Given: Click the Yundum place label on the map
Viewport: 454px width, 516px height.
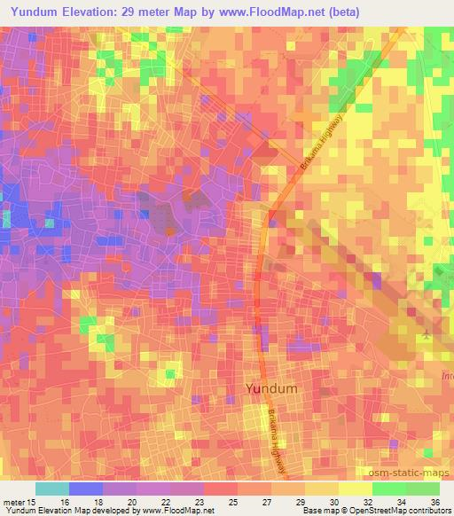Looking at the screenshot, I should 270,388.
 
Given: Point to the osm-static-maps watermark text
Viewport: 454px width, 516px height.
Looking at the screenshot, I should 415,471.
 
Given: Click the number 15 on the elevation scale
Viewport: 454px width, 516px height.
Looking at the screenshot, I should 33,502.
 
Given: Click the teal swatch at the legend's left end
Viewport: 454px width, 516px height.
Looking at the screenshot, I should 52,489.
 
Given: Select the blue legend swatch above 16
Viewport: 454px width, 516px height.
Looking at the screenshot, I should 86,489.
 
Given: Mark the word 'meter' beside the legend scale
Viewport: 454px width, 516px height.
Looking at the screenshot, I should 13,502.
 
